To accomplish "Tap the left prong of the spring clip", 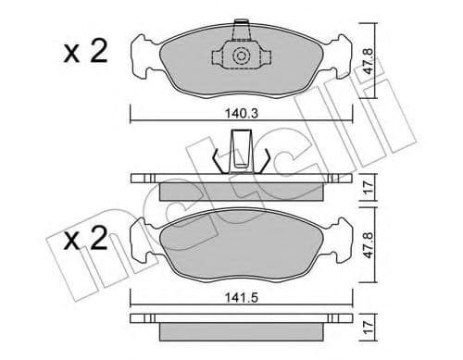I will pyautogui.click(x=219, y=159).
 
